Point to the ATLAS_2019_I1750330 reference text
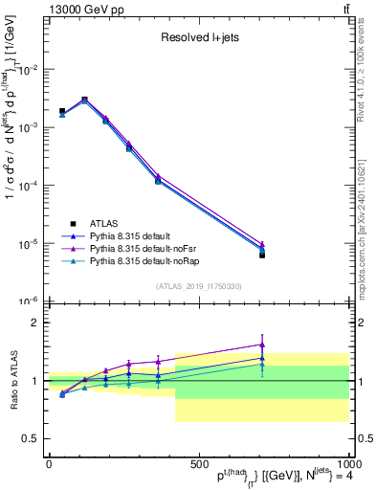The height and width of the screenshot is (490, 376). (x=198, y=286)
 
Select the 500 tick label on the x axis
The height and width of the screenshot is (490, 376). (x=198, y=465)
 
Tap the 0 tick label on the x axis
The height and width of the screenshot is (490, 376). (x=49, y=465)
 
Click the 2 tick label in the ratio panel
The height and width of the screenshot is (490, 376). (x=34, y=323)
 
